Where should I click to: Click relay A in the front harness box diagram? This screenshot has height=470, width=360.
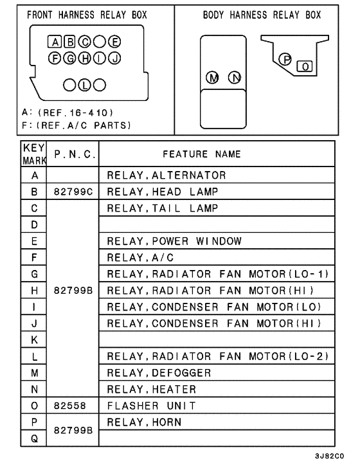[x=55, y=43]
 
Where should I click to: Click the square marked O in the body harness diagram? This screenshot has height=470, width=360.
[x=305, y=65]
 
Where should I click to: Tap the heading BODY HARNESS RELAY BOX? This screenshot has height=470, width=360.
[x=262, y=15]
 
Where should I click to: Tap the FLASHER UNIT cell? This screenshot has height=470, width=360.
[x=145, y=406]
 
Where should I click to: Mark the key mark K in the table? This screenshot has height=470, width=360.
[x=34, y=339]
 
